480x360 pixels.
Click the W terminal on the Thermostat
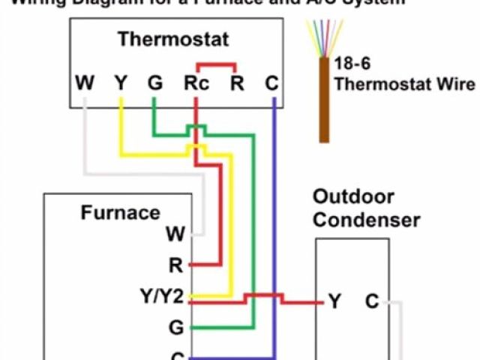click(85, 82)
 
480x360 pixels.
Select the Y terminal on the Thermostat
click(120, 82)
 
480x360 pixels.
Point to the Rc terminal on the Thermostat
click(196, 82)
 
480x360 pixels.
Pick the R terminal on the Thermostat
click(237, 82)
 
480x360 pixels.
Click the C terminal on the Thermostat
click(271, 82)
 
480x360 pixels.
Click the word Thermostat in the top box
click(173, 39)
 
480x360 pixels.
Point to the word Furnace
click(120, 213)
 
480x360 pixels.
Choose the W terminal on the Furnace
click(175, 234)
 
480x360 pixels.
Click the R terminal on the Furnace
click(175, 265)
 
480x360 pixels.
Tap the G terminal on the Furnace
click(175, 328)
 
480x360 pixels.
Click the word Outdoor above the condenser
click(352, 197)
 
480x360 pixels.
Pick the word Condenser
click(366, 220)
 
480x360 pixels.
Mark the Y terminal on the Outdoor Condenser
click(334, 302)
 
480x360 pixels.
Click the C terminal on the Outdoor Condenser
click(372, 302)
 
